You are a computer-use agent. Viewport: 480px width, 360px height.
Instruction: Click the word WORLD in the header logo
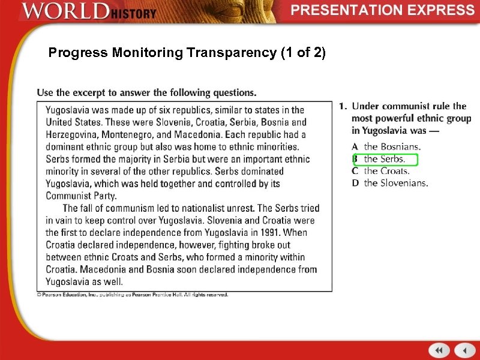pos(65,11)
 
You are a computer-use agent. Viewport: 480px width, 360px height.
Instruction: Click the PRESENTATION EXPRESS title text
pos(383,10)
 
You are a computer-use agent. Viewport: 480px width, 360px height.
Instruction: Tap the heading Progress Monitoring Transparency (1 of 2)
pos(187,53)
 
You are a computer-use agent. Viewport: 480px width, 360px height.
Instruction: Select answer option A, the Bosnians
pos(392,146)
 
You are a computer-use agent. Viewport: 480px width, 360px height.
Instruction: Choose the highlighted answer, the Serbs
pos(385,159)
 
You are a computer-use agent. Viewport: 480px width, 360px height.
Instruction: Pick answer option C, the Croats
pos(387,171)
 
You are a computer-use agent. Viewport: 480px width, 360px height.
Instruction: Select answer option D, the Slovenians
pos(395,183)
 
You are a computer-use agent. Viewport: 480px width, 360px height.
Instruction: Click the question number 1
pos(342,107)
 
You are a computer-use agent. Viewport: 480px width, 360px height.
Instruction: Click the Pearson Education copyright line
pos(133,295)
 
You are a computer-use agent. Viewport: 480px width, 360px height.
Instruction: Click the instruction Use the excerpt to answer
pos(146,92)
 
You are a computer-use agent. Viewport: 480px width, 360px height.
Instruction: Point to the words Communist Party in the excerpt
pos(81,196)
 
